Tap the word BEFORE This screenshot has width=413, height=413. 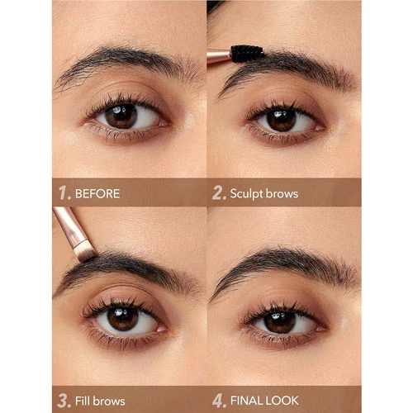point(97,193)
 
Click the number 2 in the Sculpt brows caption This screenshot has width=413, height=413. point(219,192)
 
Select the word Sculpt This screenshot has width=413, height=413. point(246,194)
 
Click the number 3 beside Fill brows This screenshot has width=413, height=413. point(64,401)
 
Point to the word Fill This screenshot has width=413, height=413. point(83,401)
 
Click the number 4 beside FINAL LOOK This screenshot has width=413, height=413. point(219,401)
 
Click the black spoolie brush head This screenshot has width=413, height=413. point(247,54)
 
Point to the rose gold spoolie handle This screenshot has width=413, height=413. point(219,56)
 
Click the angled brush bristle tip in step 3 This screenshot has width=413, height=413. point(85,253)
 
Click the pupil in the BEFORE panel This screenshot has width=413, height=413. point(121,116)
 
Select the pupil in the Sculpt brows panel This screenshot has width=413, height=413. point(282,121)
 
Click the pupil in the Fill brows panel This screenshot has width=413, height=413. point(123,319)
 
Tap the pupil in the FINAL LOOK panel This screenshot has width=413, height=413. point(280,321)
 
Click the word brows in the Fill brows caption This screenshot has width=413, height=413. point(109,401)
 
